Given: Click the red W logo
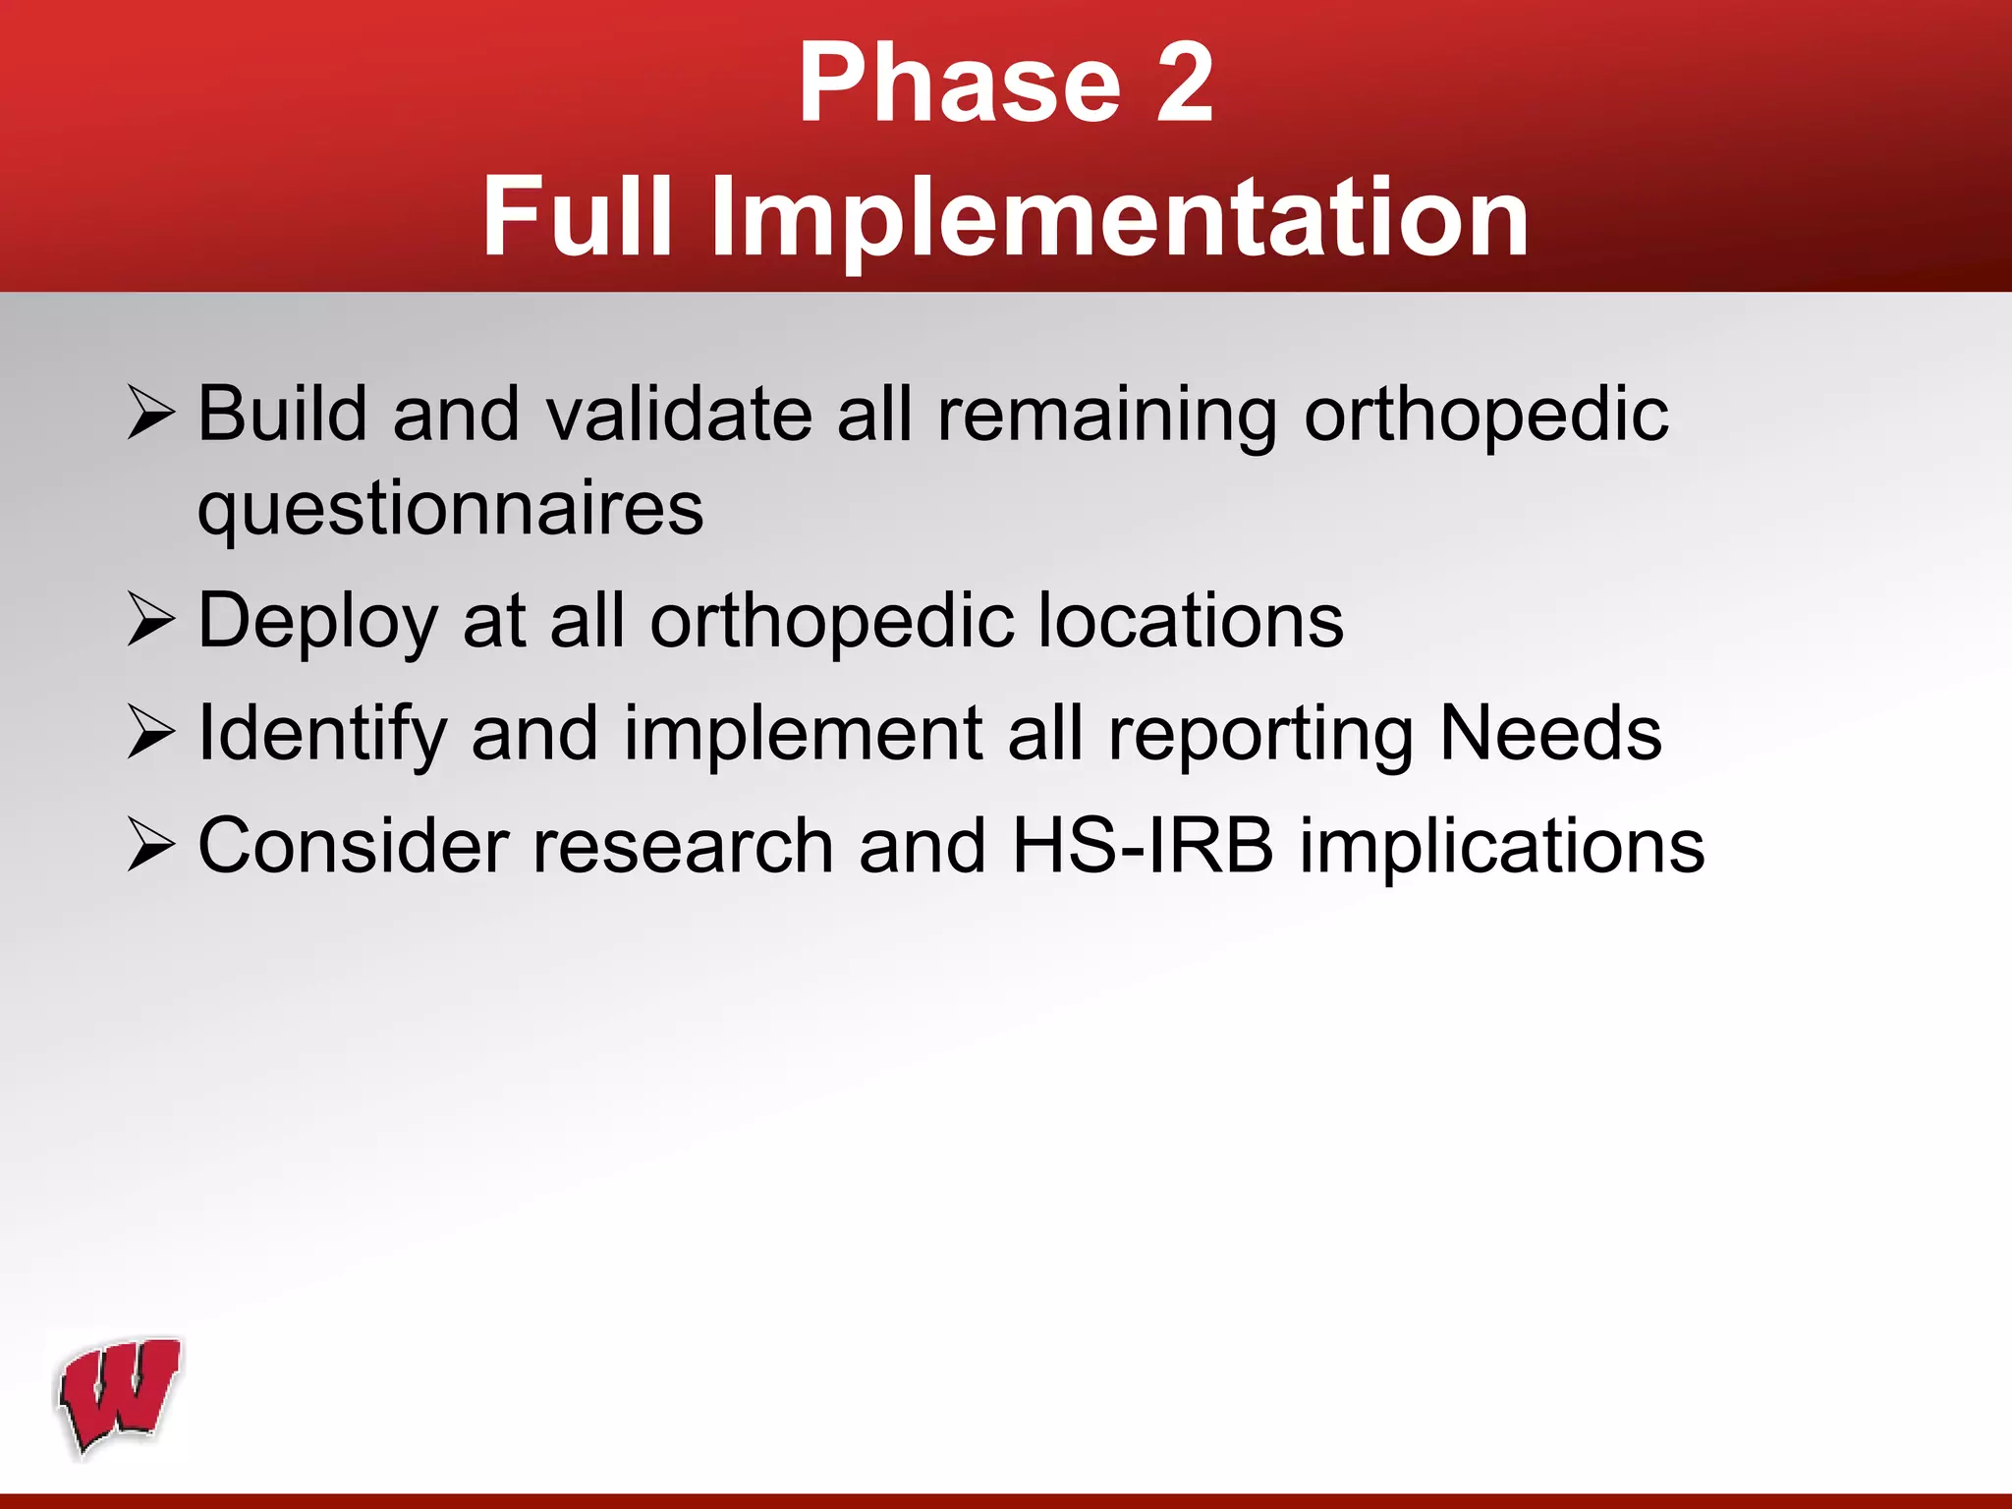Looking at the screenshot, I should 120,1396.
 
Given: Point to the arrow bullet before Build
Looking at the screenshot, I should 150,413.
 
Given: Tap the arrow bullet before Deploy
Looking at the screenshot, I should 150,621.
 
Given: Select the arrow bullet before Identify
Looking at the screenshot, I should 150,734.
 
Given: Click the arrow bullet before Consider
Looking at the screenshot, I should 150,846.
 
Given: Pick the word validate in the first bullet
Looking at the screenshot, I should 679,413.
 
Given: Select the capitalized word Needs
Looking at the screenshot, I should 1550,734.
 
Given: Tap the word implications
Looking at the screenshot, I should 1502,848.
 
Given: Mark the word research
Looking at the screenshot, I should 683,846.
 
